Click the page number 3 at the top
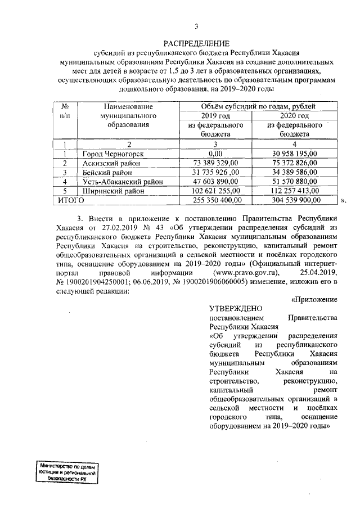(196, 26)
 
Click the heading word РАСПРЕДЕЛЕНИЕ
(196, 44)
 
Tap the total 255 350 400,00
(216, 200)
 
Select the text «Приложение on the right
(314, 299)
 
